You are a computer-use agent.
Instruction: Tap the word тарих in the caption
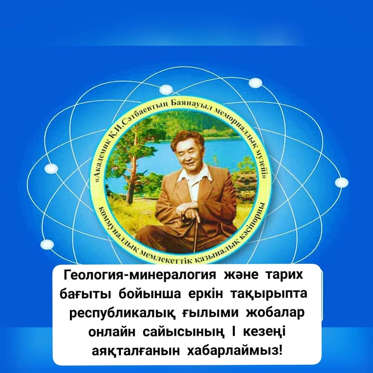point(285,275)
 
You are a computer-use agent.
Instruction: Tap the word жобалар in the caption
point(275,313)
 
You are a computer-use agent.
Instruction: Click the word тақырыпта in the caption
point(269,294)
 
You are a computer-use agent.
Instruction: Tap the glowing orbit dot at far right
point(342,183)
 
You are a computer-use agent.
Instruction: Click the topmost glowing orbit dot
point(255,83)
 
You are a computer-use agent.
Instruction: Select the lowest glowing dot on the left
point(47,244)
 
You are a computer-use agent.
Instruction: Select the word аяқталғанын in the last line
point(136,351)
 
